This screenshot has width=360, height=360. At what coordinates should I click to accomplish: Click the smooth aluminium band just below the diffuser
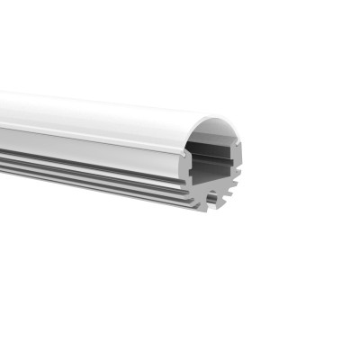click(90, 141)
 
